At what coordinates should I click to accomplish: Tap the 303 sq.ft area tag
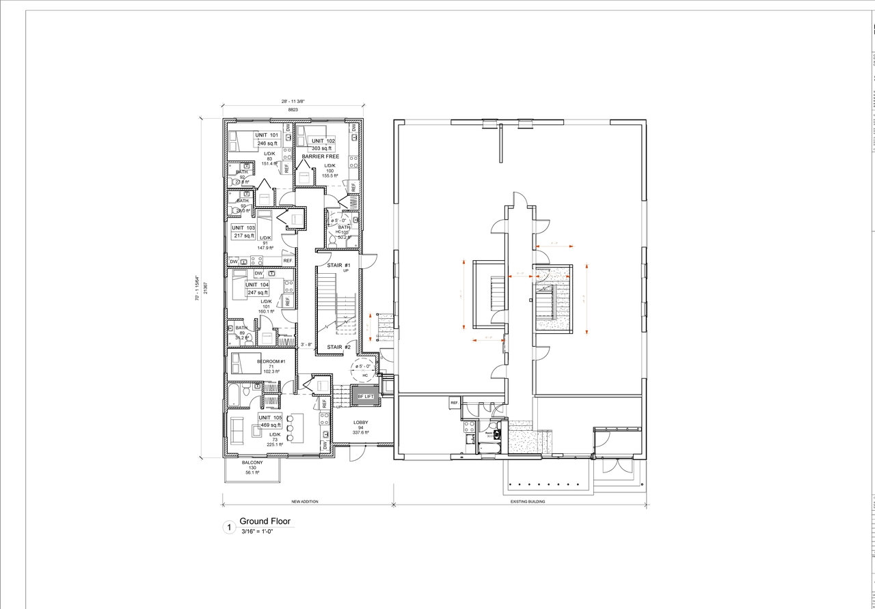pos(321,148)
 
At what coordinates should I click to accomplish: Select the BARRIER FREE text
pos(321,156)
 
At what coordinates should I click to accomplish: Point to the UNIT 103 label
pos(243,227)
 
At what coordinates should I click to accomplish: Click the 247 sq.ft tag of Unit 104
pos(258,292)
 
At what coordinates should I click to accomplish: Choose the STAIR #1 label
pos(338,265)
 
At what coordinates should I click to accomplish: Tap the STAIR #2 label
pos(338,348)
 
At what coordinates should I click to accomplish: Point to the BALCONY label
pos(252,462)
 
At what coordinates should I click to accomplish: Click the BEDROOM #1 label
pos(271,361)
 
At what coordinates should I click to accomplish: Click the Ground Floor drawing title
pos(265,521)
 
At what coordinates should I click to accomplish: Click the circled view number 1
pos(229,526)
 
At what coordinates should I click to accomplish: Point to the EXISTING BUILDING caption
pos(528,501)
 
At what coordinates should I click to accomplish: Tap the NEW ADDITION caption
pos(304,501)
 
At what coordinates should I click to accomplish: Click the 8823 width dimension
pos(293,109)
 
